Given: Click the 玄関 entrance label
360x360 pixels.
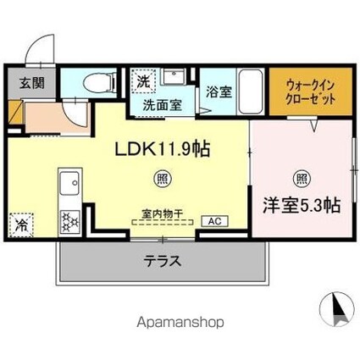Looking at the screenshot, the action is tap(32, 84).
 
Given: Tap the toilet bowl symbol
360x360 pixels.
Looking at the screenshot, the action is tap(100, 83).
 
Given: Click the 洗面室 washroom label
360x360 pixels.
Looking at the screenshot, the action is tap(162, 105).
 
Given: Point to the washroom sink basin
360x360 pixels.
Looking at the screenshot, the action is tap(174, 76).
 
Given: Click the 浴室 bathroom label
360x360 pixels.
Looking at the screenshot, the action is tap(219, 91).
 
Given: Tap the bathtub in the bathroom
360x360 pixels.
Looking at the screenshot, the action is tap(251, 91).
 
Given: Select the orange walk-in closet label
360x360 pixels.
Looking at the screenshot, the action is tap(311, 92).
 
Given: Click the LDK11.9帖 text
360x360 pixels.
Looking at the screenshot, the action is tap(163, 149).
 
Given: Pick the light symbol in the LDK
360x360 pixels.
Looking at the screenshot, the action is tap(163, 179).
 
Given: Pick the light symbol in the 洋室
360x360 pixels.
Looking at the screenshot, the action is tap(302, 179).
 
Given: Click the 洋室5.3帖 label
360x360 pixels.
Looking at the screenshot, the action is tap(302, 206).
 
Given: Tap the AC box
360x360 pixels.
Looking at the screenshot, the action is tap(214, 221).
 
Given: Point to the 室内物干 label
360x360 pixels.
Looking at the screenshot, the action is tap(163, 213).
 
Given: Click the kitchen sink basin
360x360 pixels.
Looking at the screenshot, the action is tap(69, 183).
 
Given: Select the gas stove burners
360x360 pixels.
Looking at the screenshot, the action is tap(69, 222).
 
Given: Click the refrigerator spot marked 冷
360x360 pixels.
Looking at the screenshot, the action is tap(21, 225).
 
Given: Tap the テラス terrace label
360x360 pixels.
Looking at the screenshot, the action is tap(163, 261).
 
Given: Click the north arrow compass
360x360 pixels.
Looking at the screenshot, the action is tap(336, 309).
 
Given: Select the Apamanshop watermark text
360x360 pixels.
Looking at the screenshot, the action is tap(180, 322).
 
